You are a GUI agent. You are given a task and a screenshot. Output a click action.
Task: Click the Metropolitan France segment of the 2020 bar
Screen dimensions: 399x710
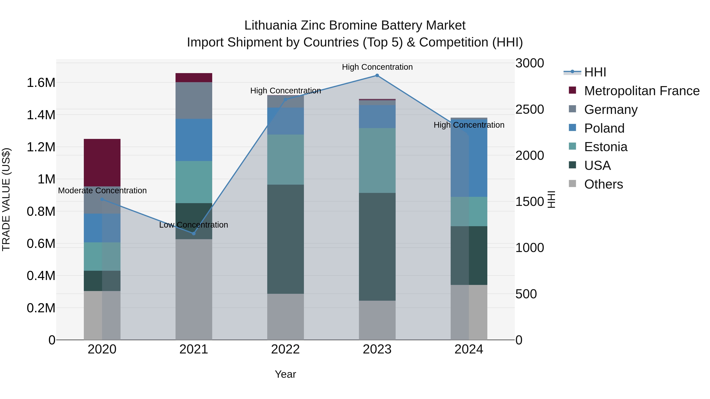pos(102,163)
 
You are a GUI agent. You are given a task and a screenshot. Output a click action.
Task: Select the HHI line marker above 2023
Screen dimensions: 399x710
pos(377,75)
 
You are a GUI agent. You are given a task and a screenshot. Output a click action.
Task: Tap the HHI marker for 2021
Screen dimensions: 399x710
pos(194,233)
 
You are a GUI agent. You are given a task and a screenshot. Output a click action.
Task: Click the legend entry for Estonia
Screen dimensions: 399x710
pos(605,147)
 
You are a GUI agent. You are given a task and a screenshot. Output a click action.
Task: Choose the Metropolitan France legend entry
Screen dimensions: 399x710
pos(642,91)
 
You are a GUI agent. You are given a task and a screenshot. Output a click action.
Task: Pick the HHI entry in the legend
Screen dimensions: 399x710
pos(595,72)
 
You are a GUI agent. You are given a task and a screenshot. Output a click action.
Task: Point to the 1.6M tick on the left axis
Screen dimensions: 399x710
pos(41,83)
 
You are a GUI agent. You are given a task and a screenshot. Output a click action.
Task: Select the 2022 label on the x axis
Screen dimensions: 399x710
pos(285,349)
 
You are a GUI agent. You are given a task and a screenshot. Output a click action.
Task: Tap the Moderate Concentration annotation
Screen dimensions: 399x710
pos(102,191)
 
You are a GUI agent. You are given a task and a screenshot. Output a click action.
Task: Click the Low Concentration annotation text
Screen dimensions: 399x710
pos(194,225)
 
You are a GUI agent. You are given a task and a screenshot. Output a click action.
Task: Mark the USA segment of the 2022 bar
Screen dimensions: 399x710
pos(286,239)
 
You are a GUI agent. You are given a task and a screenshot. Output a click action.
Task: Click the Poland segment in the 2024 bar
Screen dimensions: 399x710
pos(469,157)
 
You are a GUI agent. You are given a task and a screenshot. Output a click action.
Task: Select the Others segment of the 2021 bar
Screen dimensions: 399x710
pos(194,289)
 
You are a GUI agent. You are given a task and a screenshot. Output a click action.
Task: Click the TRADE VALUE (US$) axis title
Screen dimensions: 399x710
pos(6,199)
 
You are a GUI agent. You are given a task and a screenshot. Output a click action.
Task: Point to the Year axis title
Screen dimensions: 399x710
pos(285,374)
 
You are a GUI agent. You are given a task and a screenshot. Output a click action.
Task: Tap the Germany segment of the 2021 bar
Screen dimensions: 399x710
pos(194,100)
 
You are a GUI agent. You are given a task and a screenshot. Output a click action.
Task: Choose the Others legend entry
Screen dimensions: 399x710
pos(603,184)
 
